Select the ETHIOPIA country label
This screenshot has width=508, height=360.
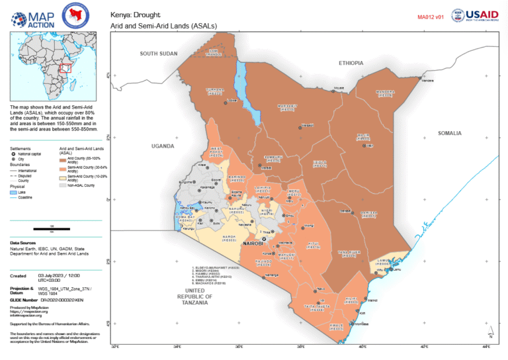pos(351,63)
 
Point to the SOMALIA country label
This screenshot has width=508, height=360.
pos(449,133)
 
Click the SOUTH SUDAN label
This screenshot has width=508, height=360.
pos(159,53)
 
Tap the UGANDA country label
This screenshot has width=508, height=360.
pos(163,146)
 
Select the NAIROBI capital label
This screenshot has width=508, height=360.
pos(253,244)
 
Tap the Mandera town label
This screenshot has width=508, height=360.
pos(429,81)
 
